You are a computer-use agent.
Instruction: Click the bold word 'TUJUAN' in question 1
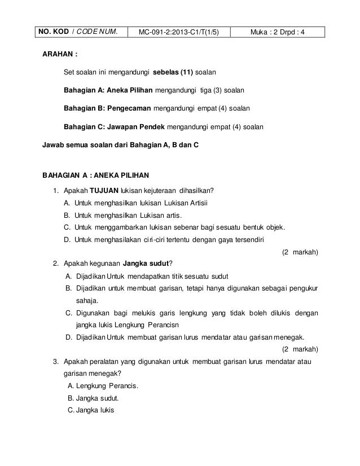pos(101,190)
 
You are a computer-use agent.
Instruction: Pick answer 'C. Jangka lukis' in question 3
pos(90,410)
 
